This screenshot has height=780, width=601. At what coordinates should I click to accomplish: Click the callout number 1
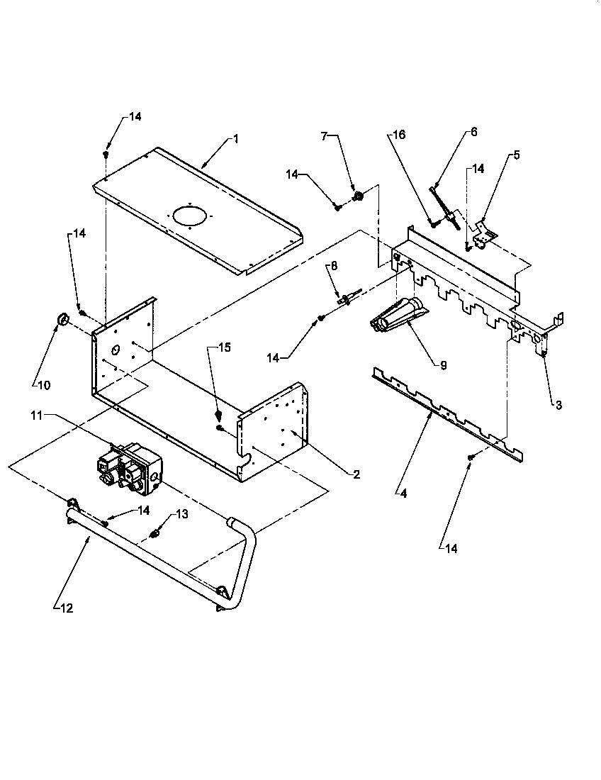pos(235,140)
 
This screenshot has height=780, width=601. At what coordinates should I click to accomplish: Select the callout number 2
pos(356,474)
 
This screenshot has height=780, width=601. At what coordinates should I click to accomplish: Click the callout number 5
pos(516,155)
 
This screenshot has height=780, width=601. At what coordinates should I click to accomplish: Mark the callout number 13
pos(184,515)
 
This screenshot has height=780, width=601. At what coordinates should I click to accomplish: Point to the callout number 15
pos(224,347)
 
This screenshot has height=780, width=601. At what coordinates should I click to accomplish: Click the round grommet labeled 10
pos(61,321)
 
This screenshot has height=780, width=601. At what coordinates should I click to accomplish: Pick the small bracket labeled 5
pos(485,233)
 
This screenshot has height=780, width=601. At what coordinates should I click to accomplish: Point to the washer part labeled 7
pos(358,196)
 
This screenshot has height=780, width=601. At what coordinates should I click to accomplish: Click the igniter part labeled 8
pos(349,297)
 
